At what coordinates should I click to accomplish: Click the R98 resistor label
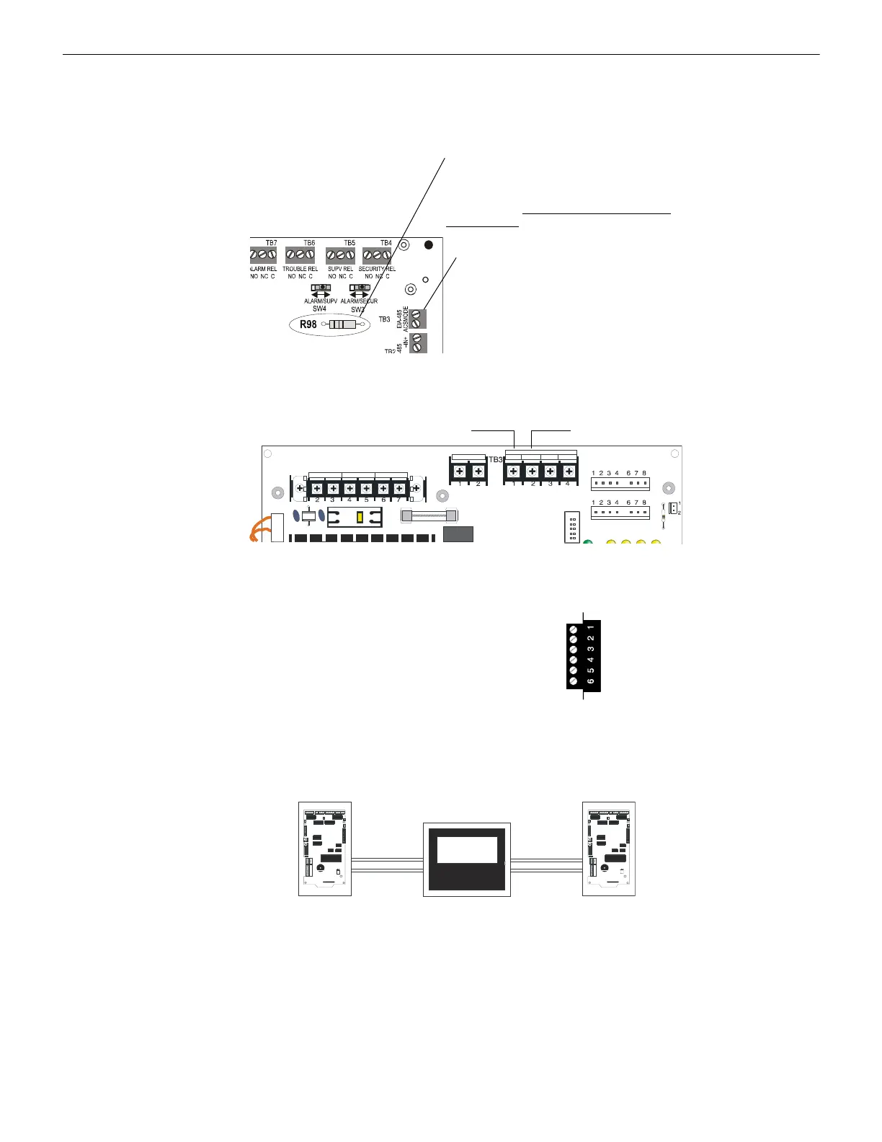(308, 324)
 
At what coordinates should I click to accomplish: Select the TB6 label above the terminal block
(309, 244)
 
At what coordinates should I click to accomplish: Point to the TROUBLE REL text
(300, 269)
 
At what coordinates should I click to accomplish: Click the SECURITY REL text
(377, 269)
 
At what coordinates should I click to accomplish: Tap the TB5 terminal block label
(349, 244)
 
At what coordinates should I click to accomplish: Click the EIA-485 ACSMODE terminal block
(417, 318)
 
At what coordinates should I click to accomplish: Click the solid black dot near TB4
(429, 245)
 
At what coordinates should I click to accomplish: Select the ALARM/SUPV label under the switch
(321, 301)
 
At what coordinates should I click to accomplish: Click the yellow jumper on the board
(360, 517)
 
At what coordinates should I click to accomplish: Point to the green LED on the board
(587, 542)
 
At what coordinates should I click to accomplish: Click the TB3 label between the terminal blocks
(495, 459)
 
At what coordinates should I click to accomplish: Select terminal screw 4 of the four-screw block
(569, 472)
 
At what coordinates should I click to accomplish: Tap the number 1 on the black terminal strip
(590, 627)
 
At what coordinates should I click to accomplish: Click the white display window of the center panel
(467, 849)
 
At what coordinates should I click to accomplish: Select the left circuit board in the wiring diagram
(325, 849)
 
